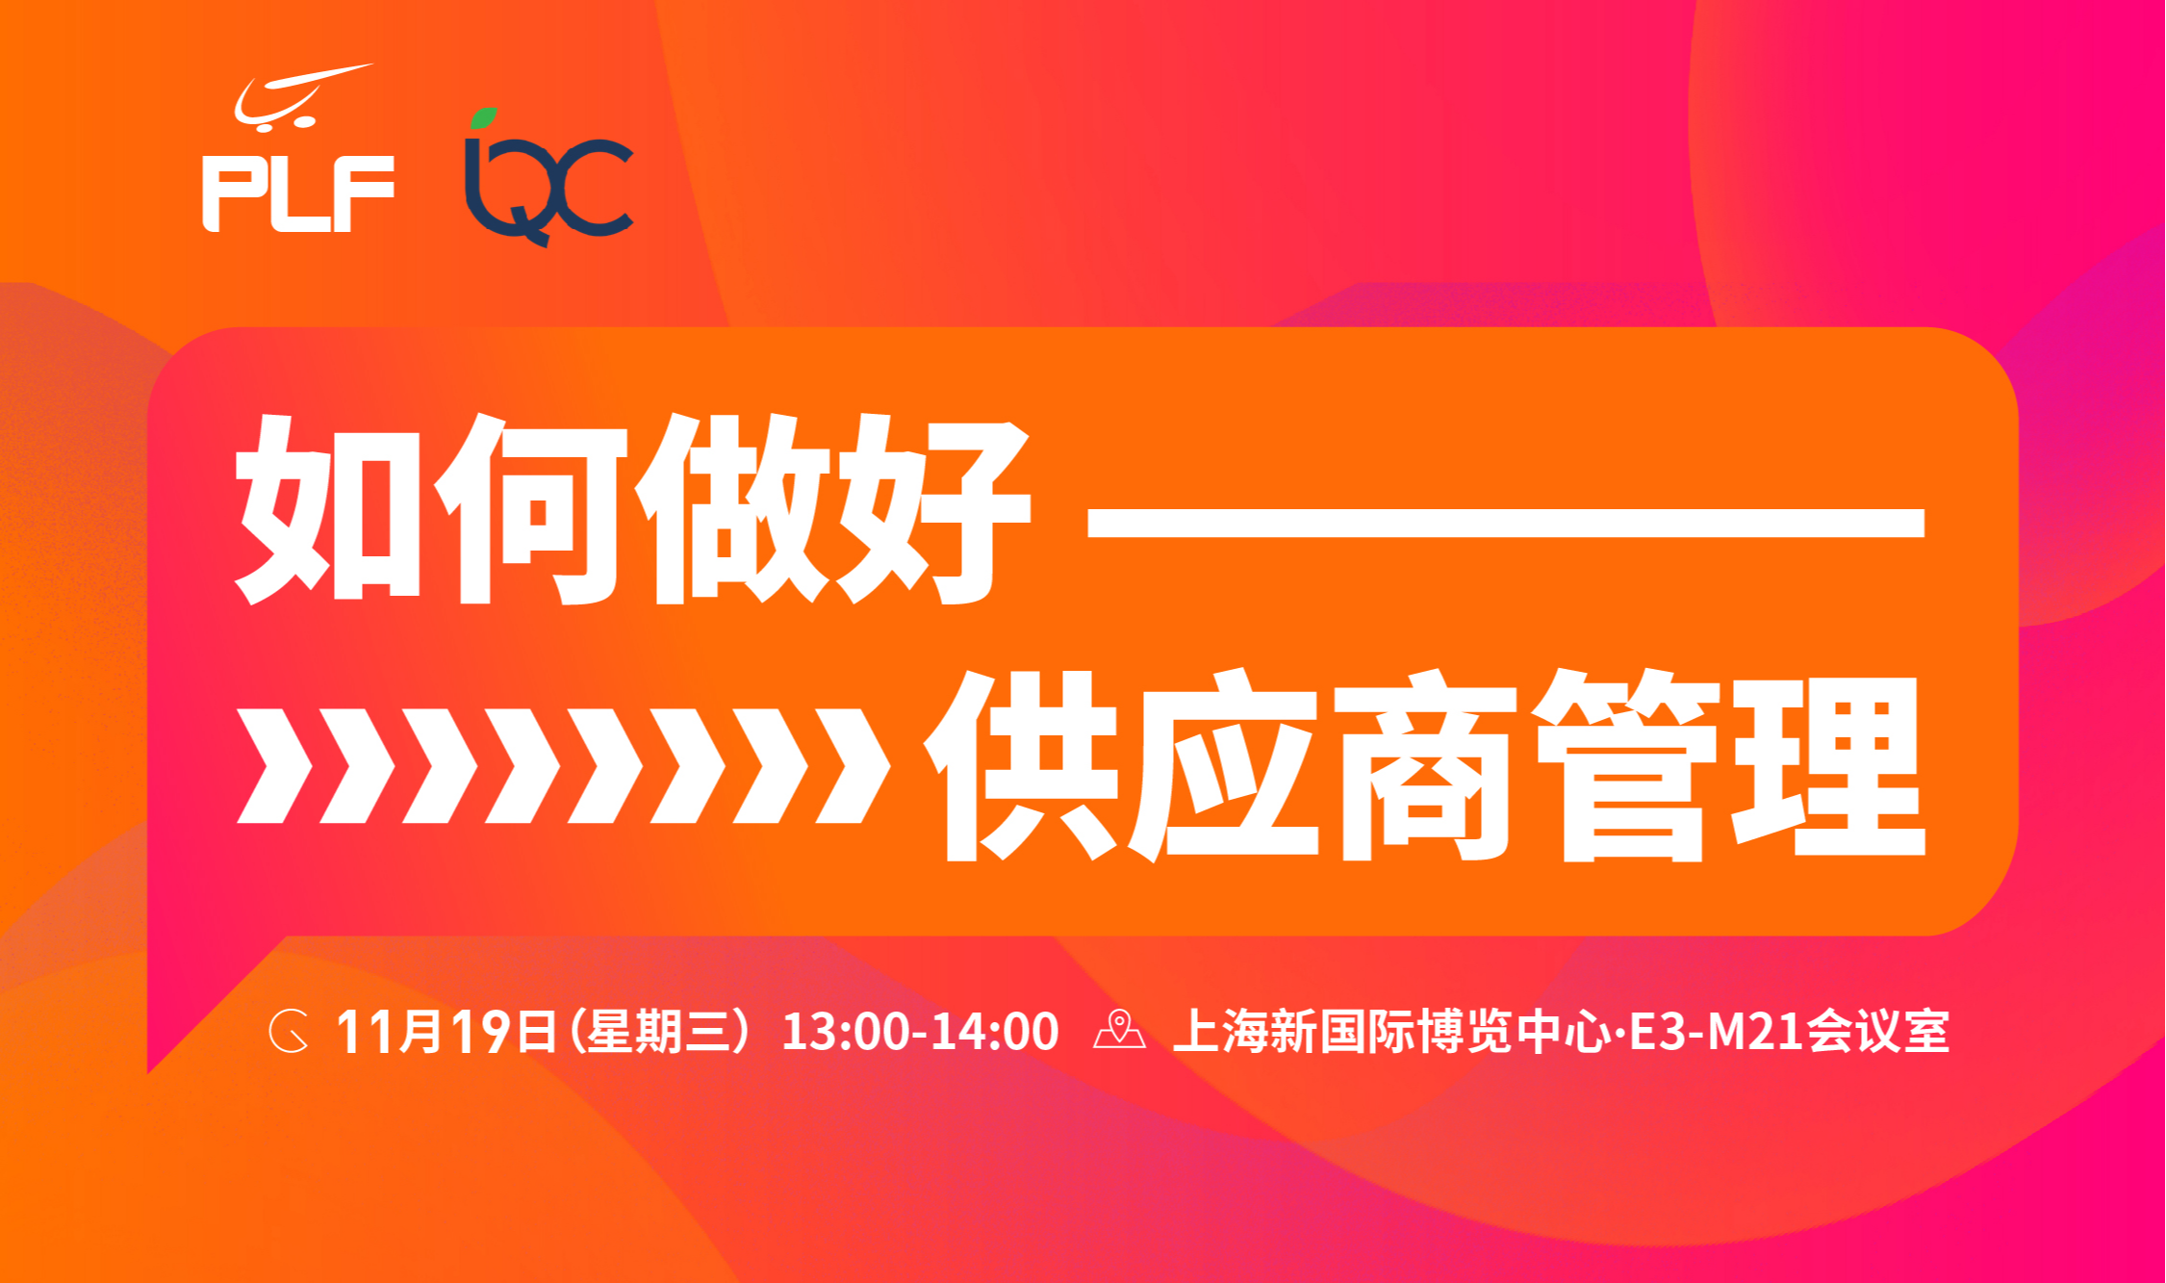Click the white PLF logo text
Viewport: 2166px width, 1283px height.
coord(298,193)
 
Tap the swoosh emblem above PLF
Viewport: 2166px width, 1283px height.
coord(302,95)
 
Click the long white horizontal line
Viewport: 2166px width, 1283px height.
coord(1506,521)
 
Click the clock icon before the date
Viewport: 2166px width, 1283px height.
coord(289,1032)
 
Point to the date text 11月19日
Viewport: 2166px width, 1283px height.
coord(446,1032)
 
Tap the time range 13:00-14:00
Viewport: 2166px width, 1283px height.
coord(920,1032)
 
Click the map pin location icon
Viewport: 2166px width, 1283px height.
coord(1120,1030)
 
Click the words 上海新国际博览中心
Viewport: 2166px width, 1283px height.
coord(1392,1032)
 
